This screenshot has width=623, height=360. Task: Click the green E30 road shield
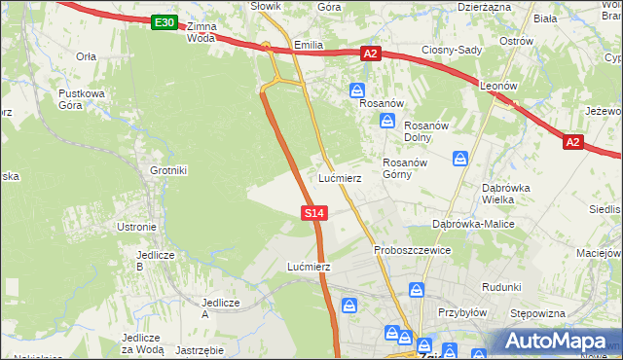(x=165, y=22)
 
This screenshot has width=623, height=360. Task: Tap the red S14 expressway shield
(x=313, y=212)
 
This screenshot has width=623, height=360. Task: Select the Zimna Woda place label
(x=201, y=33)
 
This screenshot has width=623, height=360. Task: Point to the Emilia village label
(x=308, y=45)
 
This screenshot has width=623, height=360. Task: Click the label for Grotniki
(x=167, y=170)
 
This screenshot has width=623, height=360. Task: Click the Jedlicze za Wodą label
(x=142, y=343)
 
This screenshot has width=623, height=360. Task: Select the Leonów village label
(x=496, y=86)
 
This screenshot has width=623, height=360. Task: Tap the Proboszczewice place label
(x=412, y=250)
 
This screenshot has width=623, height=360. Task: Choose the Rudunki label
(x=501, y=287)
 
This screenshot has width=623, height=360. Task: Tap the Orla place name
(x=86, y=56)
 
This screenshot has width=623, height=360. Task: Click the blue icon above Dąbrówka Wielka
(x=460, y=158)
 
